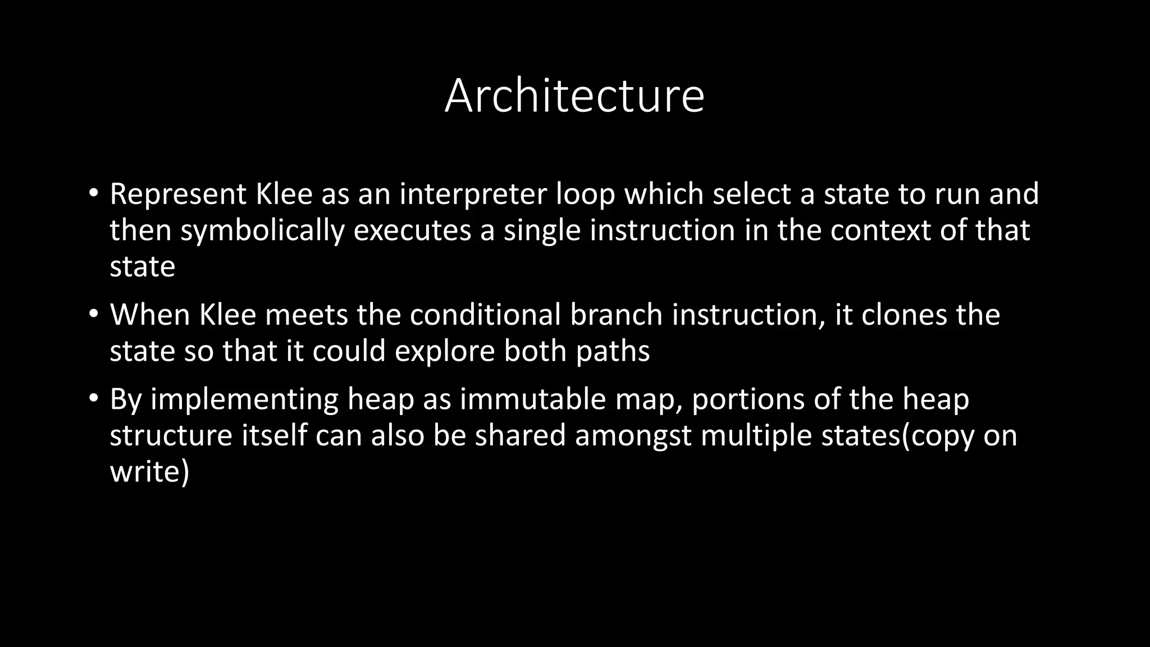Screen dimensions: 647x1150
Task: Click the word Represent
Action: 178,194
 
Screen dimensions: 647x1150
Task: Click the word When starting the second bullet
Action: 150,315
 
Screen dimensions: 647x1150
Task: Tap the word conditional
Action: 485,315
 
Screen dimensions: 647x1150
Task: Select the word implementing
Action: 244,399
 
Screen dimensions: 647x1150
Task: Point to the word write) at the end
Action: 149,472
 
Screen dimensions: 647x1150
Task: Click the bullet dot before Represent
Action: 93,193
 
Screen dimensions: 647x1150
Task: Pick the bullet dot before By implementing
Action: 93,398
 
